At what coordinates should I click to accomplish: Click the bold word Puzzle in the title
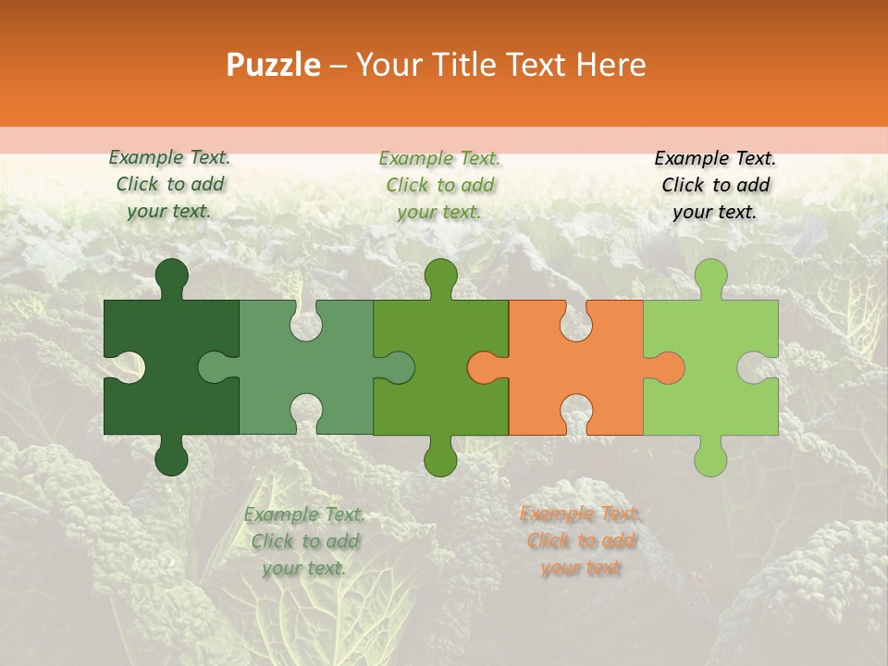point(274,65)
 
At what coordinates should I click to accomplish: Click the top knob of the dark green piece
point(171,276)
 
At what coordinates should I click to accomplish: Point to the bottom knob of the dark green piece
point(171,459)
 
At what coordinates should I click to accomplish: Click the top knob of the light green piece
point(710,276)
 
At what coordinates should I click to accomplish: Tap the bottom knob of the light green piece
point(710,459)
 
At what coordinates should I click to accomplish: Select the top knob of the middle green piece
point(440,276)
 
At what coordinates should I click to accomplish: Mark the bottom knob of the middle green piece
point(440,459)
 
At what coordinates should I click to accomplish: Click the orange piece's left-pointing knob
point(483,367)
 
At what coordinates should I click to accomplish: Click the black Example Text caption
point(715,185)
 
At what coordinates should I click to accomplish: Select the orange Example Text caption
point(580,541)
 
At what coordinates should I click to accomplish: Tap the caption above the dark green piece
point(169,185)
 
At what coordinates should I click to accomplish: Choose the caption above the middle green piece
point(439,185)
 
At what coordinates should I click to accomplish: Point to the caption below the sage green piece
point(304,541)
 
